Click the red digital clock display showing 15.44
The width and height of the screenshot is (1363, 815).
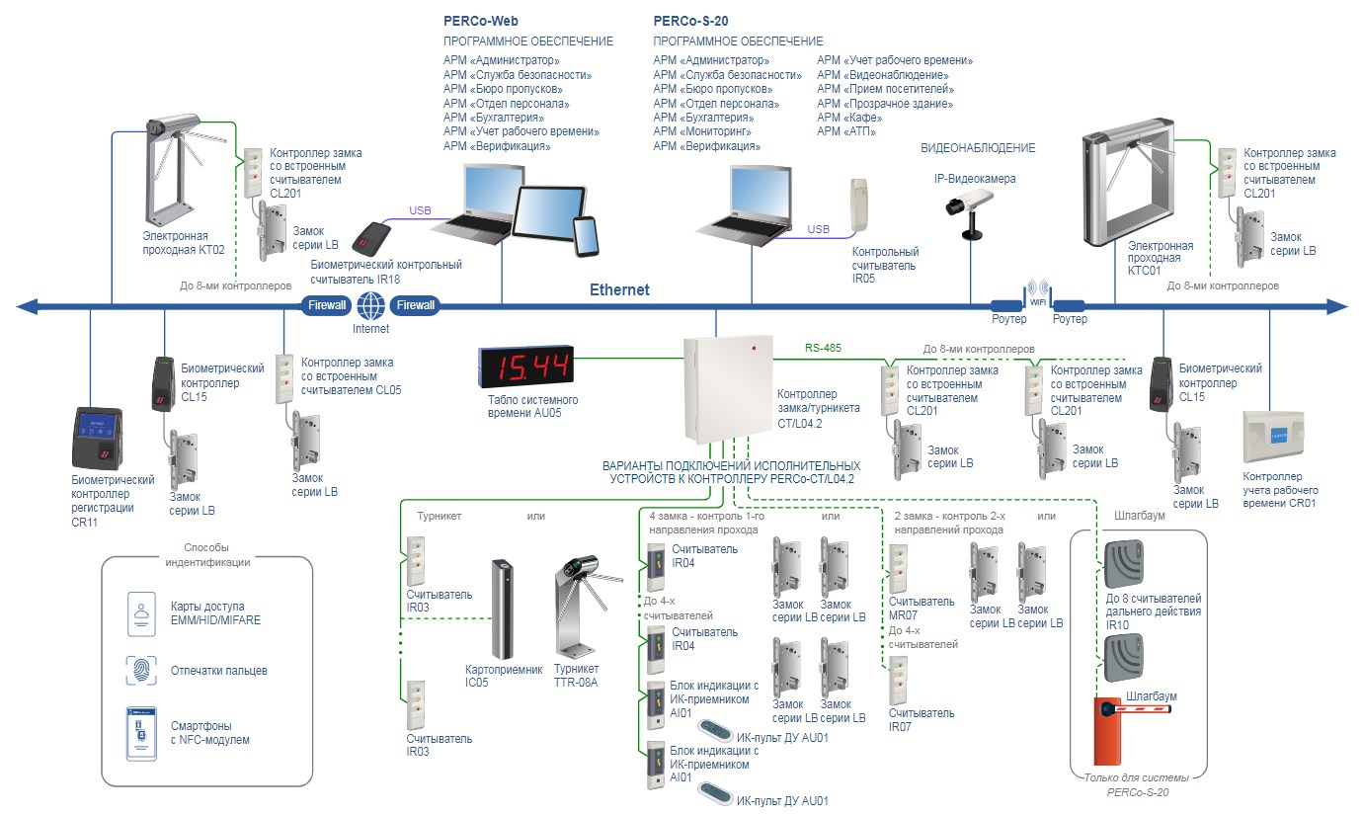point(523,367)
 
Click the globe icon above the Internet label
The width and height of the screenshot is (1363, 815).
point(371,304)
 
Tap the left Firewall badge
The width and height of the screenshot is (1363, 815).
point(327,305)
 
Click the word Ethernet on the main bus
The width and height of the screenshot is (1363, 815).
point(619,289)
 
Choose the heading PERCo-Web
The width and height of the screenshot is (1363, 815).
point(481,21)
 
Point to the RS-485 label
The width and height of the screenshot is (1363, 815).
point(822,348)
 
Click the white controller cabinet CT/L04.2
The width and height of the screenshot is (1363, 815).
point(728,389)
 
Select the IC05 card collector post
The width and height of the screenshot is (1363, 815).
point(503,611)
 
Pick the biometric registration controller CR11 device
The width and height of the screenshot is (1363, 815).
point(98,439)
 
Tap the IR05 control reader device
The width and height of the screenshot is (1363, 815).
point(858,204)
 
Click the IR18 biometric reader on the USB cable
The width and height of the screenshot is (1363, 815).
point(374,237)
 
